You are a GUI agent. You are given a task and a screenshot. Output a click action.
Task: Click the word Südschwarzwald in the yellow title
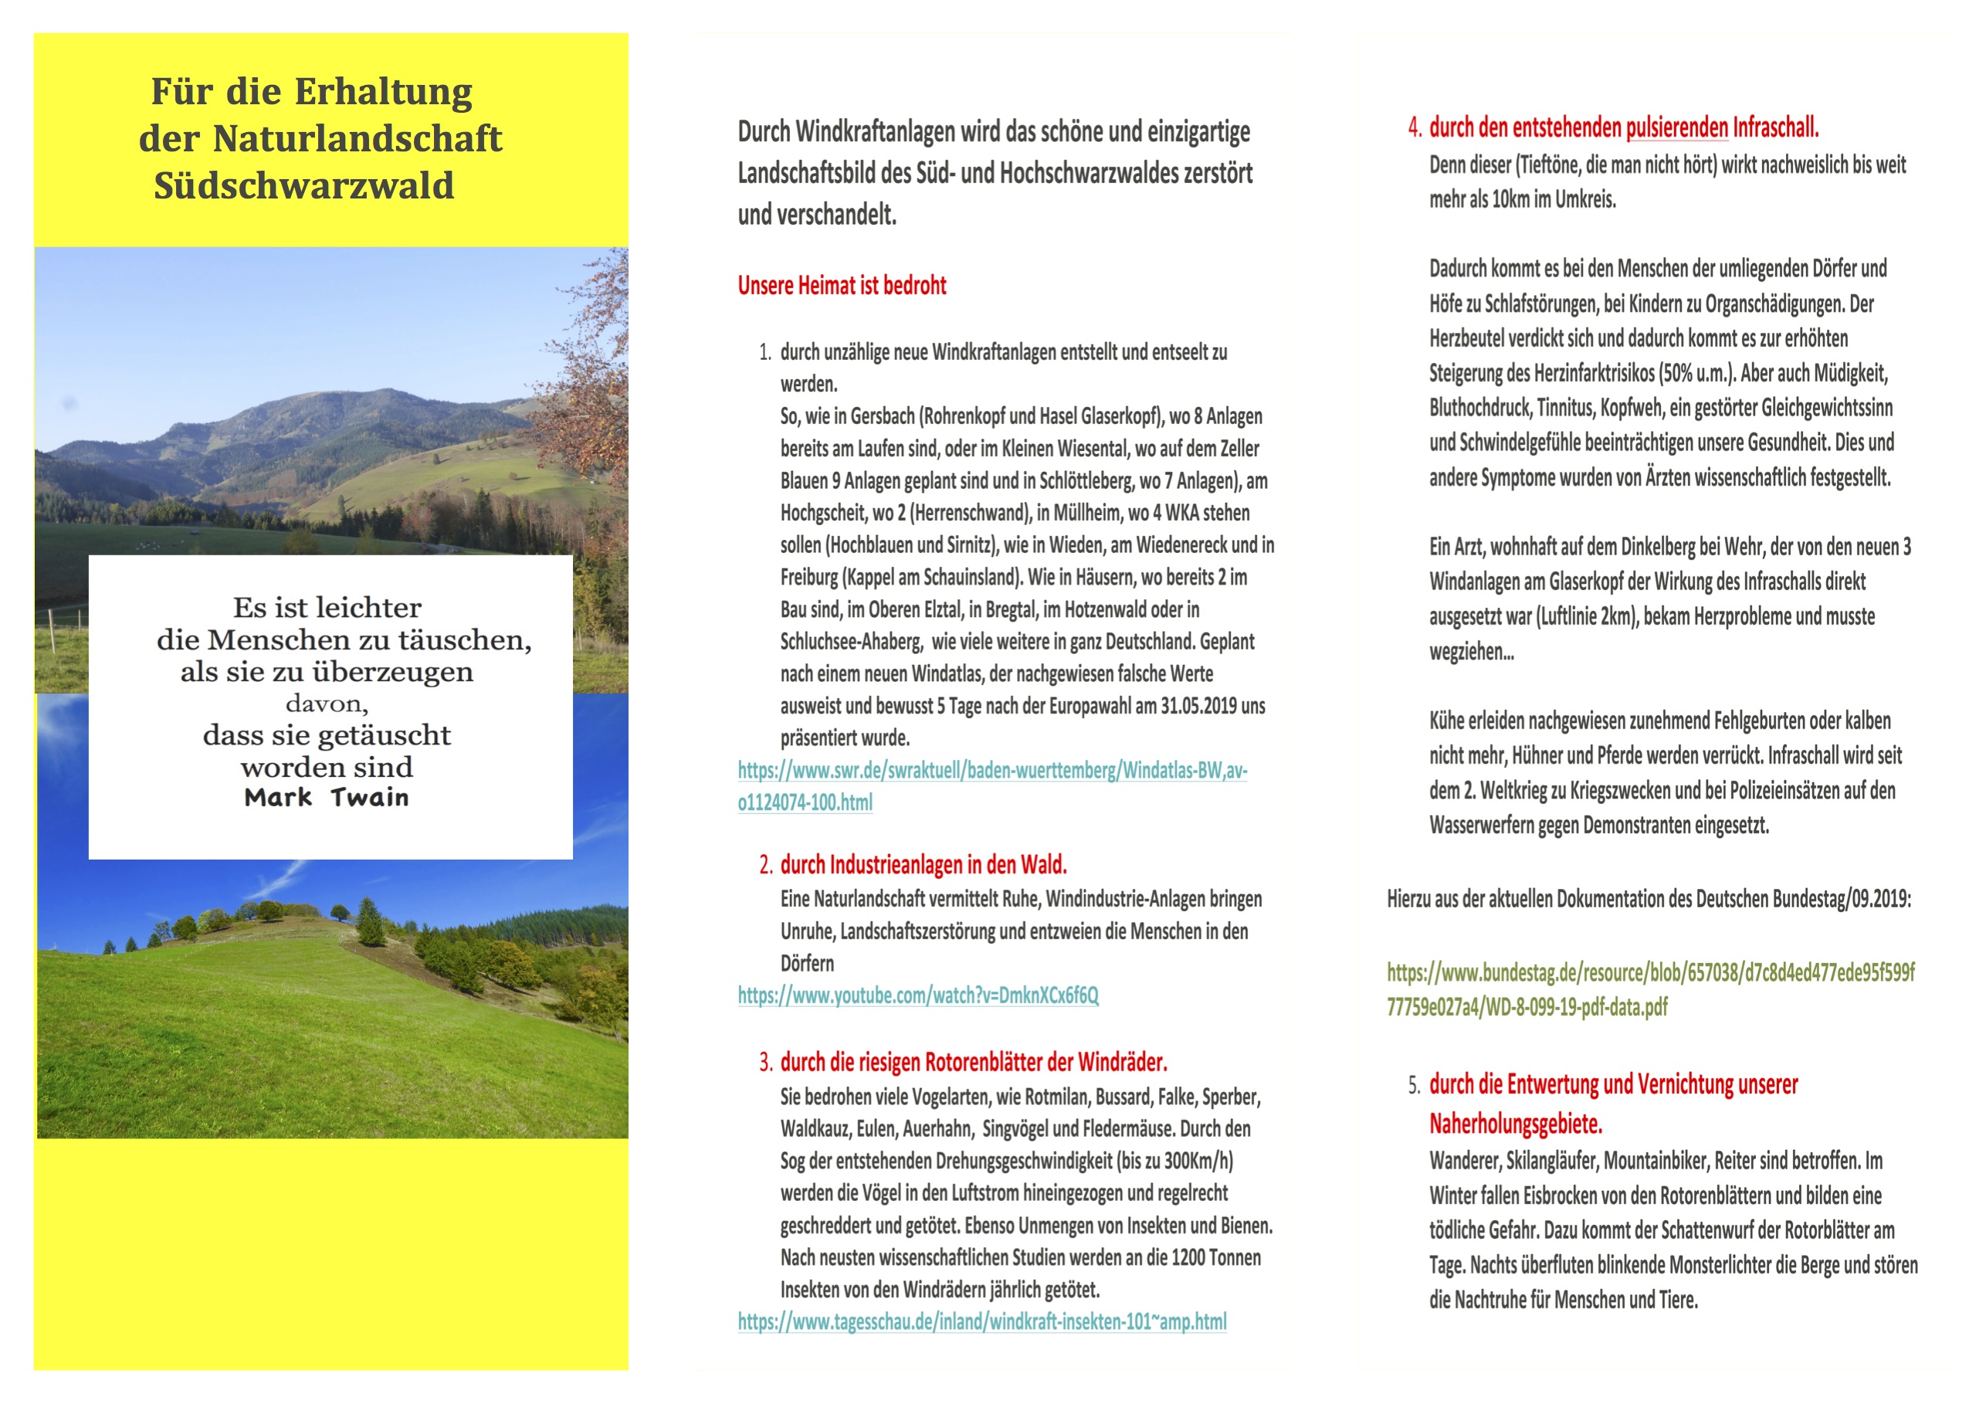[303, 186]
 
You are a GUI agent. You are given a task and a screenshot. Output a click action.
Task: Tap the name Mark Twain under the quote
[326, 798]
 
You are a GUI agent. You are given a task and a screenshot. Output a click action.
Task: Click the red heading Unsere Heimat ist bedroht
[842, 286]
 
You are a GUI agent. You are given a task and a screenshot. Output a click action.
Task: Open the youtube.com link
[918, 995]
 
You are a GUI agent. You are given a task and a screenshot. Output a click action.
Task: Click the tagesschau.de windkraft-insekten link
[981, 1322]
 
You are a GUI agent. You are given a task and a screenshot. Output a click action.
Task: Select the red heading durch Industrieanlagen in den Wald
[923, 865]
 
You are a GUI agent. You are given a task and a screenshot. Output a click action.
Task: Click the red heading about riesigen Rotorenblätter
[973, 1063]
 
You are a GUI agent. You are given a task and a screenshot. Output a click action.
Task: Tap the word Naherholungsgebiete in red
[1516, 1124]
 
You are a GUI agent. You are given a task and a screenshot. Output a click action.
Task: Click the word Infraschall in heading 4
[1775, 128]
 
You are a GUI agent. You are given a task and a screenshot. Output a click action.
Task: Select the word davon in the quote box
[327, 704]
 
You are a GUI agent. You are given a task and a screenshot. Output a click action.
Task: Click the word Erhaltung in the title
[383, 92]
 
